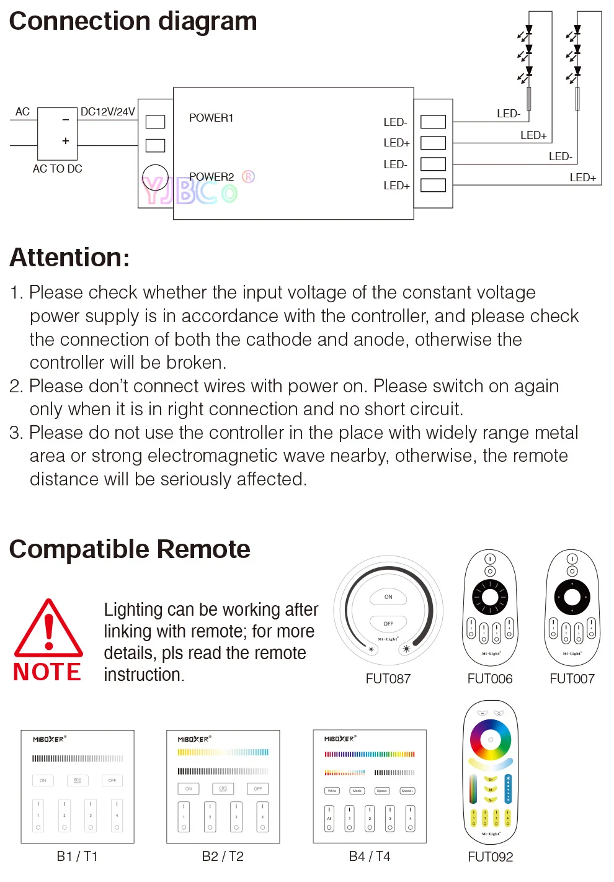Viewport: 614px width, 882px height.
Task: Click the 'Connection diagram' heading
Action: [133, 22]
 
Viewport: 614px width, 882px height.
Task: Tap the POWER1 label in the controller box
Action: [211, 118]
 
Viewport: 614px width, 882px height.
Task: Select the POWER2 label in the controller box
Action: [211, 177]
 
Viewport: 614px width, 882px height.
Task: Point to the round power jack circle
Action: [155, 177]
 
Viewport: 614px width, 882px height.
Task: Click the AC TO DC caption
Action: [57, 169]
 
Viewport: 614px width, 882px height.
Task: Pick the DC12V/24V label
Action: [107, 112]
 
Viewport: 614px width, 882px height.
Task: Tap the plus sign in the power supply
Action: [66, 141]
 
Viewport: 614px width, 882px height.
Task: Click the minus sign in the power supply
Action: [66, 120]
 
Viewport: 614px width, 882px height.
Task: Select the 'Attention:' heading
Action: [69, 258]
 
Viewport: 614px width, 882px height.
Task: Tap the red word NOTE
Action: [47, 672]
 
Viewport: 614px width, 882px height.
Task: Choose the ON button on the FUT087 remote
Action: [388, 597]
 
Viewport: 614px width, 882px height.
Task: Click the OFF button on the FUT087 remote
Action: [388, 623]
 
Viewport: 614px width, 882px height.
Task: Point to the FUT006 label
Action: [490, 679]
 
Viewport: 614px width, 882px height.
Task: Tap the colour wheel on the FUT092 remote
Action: [490, 740]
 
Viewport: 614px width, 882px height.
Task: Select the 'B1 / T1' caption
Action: [77, 857]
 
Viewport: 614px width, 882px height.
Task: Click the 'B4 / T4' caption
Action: [370, 857]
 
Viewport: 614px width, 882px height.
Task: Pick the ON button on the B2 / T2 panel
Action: [189, 789]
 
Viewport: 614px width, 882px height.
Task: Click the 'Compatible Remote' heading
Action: [130, 549]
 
